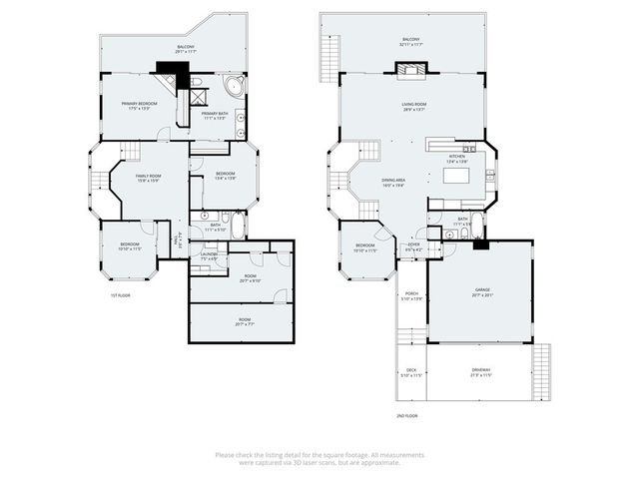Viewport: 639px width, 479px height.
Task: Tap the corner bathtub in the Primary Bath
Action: pyautogui.click(x=235, y=87)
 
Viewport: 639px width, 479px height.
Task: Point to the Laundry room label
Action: pyautogui.click(x=209, y=256)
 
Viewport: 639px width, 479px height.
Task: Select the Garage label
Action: pyautogui.click(x=483, y=292)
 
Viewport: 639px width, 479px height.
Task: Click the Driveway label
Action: pyautogui.click(x=481, y=372)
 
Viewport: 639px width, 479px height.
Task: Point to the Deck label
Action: pyautogui.click(x=410, y=372)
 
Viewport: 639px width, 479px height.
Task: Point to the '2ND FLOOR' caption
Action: pyautogui.click(x=405, y=414)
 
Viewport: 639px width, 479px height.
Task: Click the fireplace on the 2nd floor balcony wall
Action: pyautogui.click(x=410, y=71)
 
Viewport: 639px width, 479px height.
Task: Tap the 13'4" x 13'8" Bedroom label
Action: pyautogui.click(x=226, y=176)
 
